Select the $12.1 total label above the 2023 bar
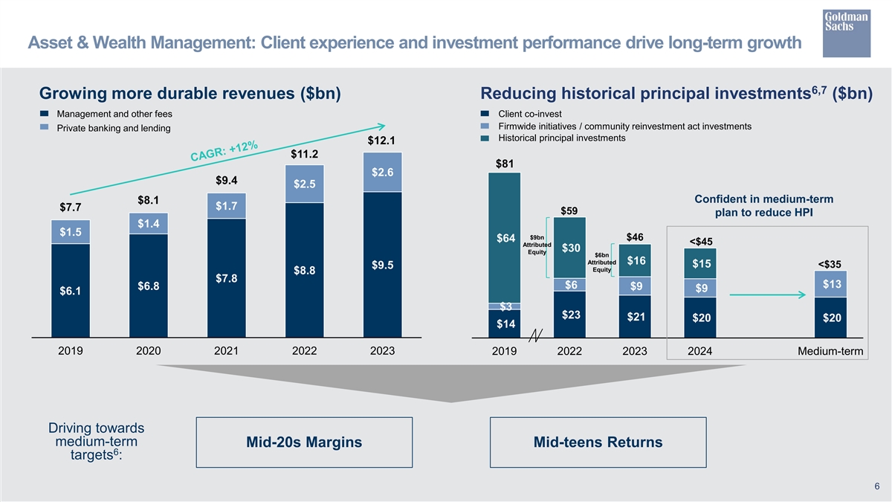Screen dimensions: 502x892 381,141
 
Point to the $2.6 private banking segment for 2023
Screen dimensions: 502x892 382,173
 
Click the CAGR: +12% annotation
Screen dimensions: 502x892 224,150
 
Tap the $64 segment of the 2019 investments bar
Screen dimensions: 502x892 505,238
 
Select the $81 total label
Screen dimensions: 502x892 505,164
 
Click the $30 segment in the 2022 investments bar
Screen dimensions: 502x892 571,248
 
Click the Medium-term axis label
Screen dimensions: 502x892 831,351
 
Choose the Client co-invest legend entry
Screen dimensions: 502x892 529,114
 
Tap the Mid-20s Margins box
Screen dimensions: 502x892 304,443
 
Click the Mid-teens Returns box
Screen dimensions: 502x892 598,443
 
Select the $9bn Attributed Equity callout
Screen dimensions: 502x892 537,244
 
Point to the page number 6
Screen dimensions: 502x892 877,486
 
